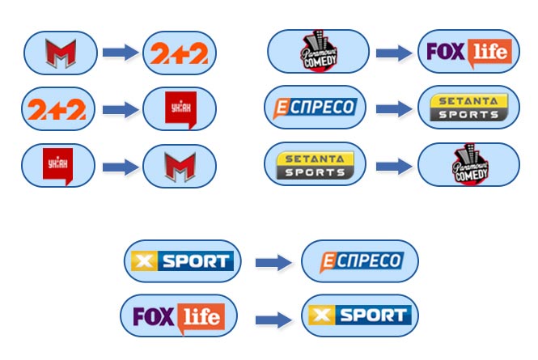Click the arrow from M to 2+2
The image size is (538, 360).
(120, 53)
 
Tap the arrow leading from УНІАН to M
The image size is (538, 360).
(120, 167)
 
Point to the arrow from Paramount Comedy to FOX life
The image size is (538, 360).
(393, 53)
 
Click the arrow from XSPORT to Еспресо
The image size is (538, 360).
(272, 262)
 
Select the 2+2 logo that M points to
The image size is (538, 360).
(180, 53)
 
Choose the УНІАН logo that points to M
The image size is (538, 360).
(58, 165)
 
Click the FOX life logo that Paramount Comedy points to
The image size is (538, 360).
(469, 53)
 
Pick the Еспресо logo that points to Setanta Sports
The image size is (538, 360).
(315, 107)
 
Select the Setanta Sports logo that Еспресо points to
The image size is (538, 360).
(469, 108)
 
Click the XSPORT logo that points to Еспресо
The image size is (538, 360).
(182, 260)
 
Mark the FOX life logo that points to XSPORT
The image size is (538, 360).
(179, 316)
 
